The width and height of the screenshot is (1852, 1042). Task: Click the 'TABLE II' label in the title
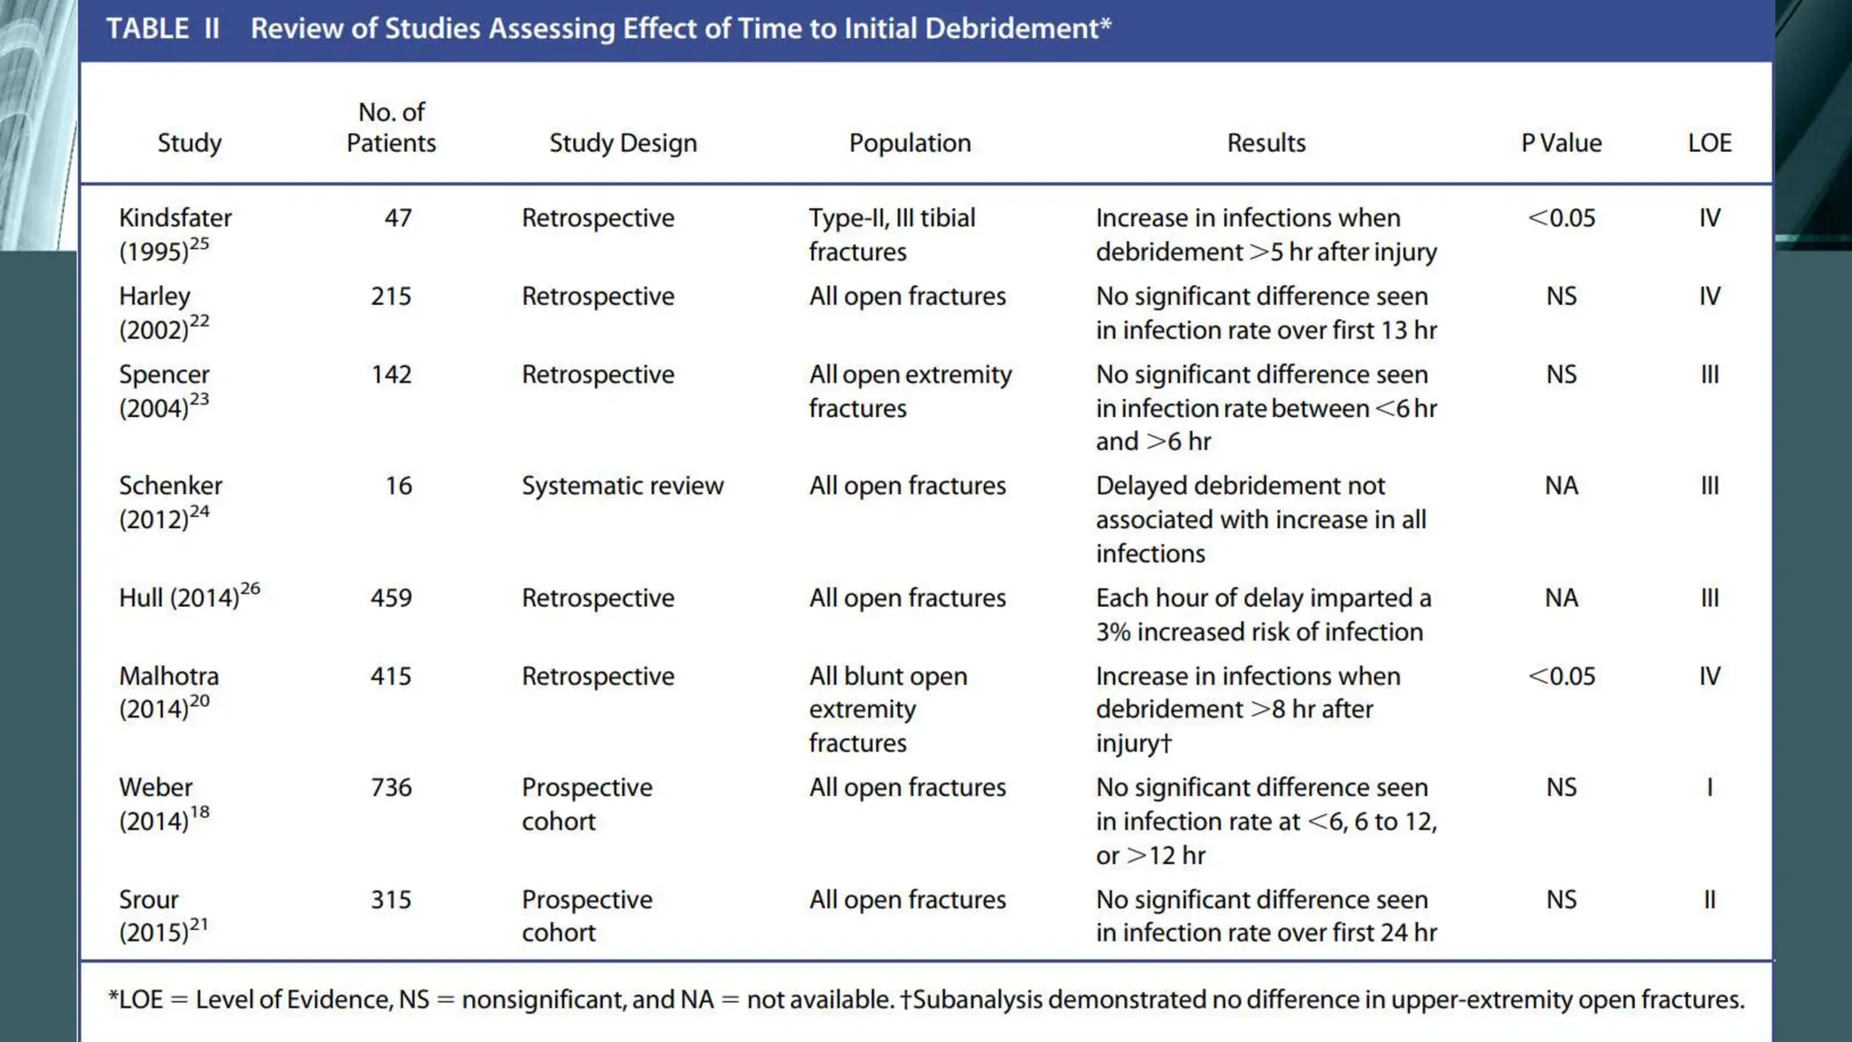pyautogui.click(x=163, y=29)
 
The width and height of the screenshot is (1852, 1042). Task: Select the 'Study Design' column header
pyautogui.click(x=623, y=143)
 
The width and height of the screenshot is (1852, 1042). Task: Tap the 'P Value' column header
pyautogui.click(x=1561, y=143)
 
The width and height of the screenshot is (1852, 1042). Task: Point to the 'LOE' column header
pyautogui.click(x=1709, y=143)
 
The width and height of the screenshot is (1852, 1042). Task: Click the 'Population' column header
pyautogui.click(x=910, y=143)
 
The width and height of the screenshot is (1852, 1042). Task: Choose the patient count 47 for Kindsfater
pyautogui.click(x=398, y=218)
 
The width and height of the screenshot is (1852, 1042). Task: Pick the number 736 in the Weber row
pyautogui.click(x=391, y=788)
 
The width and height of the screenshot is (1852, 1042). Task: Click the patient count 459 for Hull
pyautogui.click(x=391, y=598)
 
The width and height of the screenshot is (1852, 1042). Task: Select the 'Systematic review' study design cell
pyautogui.click(x=622, y=486)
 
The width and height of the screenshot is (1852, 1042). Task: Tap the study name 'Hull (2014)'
pyautogui.click(x=179, y=598)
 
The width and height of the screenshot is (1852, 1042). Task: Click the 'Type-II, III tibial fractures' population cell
pyautogui.click(x=892, y=234)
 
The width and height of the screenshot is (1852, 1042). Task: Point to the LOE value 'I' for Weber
pyautogui.click(x=1709, y=788)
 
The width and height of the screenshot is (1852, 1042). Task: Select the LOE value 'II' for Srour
pyautogui.click(x=1709, y=900)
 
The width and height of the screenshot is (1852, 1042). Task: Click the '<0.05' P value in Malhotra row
pyautogui.click(x=1561, y=677)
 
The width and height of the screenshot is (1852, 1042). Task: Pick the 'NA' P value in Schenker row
pyautogui.click(x=1561, y=486)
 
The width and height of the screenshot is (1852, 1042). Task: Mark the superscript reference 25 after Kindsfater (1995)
pyautogui.click(x=200, y=242)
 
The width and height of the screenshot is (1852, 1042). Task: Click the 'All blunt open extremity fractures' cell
pyautogui.click(x=888, y=709)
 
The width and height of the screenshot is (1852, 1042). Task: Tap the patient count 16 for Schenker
pyautogui.click(x=398, y=486)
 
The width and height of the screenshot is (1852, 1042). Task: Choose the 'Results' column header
pyautogui.click(x=1266, y=143)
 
